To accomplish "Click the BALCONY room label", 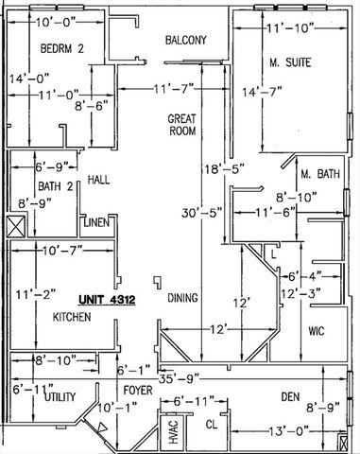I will click(x=185, y=41).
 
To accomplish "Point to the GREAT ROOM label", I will click(x=181, y=127).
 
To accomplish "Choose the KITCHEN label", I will click(x=71, y=317).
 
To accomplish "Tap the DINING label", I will click(x=182, y=298).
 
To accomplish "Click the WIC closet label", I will click(x=317, y=331).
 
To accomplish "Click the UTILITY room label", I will click(x=60, y=397).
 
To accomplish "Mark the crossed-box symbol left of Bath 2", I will click(x=16, y=228).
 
